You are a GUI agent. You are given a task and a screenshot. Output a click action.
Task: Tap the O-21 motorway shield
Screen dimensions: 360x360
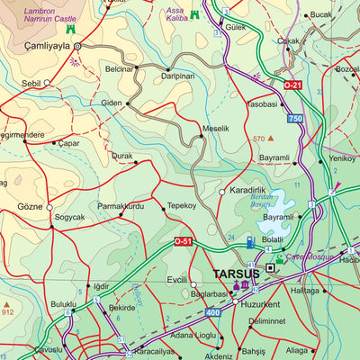click(292, 85)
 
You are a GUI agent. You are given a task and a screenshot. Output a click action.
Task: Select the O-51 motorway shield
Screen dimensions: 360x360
click(183, 241)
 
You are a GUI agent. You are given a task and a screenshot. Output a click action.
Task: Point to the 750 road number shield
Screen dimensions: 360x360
click(294, 119)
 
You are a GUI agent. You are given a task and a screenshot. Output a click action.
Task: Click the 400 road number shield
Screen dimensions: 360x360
click(212, 312)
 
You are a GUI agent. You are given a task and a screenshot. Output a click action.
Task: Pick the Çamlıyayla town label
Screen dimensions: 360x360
click(40, 46)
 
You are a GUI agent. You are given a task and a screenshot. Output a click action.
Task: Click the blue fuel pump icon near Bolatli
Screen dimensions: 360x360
click(250, 241)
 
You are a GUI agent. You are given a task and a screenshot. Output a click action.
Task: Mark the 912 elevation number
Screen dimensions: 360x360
click(7, 311)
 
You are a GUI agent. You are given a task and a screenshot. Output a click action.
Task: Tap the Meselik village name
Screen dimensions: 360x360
click(215, 129)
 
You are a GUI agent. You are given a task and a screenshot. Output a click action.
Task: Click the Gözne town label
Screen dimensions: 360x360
click(30, 207)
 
